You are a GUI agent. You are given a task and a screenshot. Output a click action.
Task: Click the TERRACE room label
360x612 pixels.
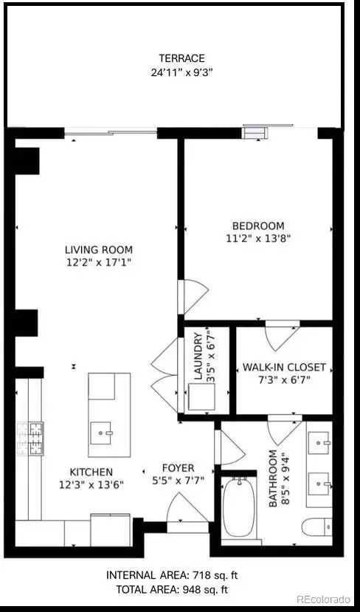click(181, 58)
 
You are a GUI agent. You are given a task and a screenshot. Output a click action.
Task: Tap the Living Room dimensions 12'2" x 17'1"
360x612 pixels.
click(99, 262)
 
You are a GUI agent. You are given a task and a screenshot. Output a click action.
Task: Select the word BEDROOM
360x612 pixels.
click(258, 226)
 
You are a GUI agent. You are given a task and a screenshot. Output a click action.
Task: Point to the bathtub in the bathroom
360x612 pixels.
click(239, 507)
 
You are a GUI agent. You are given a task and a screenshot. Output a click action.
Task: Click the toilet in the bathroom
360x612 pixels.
click(316, 527)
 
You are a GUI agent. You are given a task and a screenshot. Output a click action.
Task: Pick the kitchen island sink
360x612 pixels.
click(101, 433)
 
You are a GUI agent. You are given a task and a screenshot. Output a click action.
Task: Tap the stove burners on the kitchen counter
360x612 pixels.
click(30, 439)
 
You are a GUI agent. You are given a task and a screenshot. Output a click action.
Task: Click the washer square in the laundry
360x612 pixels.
click(201, 396)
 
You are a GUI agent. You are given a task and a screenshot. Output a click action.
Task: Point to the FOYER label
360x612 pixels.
click(179, 468)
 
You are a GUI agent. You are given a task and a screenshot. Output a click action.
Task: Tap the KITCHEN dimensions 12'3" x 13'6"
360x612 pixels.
click(91, 485)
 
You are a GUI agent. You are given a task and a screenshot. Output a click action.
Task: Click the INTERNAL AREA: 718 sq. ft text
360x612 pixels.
click(172, 575)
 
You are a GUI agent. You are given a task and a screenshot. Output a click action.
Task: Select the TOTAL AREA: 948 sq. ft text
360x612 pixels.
click(172, 589)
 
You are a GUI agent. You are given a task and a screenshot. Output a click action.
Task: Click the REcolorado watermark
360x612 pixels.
click(323, 599)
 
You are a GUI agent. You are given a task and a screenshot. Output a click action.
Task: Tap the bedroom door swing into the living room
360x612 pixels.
click(193, 297)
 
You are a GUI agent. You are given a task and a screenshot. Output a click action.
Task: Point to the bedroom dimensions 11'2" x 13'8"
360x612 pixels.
click(258, 238)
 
